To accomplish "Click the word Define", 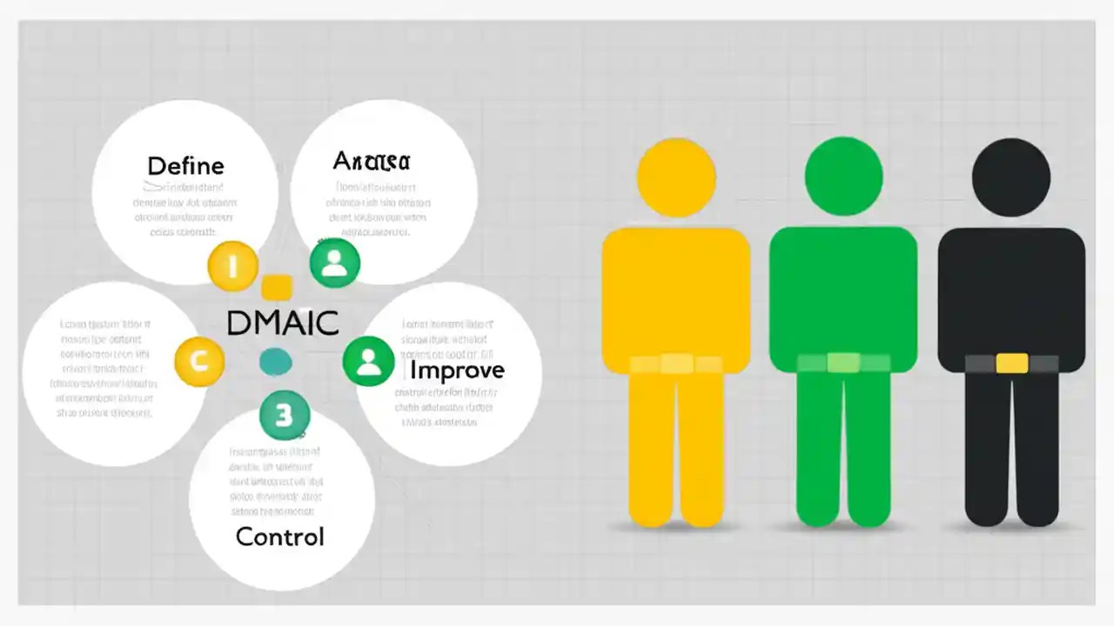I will point(185,166).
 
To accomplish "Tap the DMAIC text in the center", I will point(282,323).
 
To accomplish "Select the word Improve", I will point(457,370).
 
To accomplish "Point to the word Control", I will point(279,536).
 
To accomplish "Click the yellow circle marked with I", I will point(232,266).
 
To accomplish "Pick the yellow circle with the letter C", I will point(199,362).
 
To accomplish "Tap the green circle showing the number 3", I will point(285,416).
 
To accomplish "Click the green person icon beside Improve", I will point(368,361).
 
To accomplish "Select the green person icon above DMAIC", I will point(335,263).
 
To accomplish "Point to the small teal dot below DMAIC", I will point(276,362).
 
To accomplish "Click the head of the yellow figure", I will point(676,177).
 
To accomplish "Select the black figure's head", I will point(1010,177).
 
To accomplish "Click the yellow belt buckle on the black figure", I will point(1011,363).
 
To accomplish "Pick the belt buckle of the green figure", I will point(843,363).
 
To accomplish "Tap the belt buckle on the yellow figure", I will point(676,364).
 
